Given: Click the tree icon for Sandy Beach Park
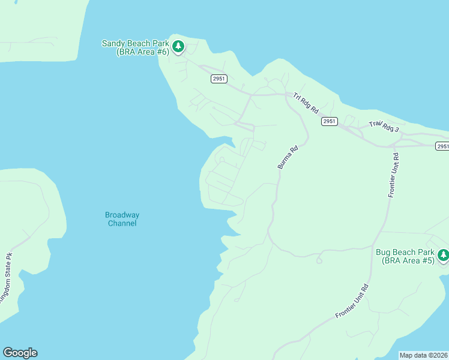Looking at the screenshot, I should [x=178, y=46].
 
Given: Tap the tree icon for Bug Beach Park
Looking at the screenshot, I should [x=443, y=256].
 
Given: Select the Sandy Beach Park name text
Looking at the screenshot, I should [x=136, y=43].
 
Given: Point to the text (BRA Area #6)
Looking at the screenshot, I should [x=142, y=52].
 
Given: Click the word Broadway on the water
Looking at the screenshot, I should [x=122, y=215].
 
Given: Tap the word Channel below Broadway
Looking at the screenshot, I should [x=122, y=223].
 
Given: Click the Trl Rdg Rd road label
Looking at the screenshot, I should [x=306, y=103].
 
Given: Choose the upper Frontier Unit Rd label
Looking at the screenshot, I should [x=394, y=175].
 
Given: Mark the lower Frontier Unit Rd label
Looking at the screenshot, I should [x=352, y=301].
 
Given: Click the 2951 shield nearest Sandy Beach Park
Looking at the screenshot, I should [x=219, y=79].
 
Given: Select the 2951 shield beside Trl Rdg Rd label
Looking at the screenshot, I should [x=329, y=121].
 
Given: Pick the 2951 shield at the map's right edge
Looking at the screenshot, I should [x=442, y=146].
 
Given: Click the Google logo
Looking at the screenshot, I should [x=20, y=353].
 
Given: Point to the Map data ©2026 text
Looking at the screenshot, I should [x=423, y=355].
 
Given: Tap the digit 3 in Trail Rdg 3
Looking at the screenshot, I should [x=396, y=129].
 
